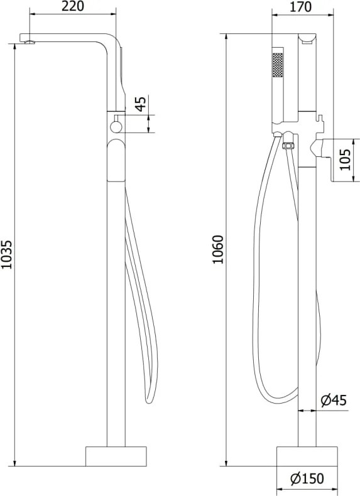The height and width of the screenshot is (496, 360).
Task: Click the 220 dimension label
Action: [x=73, y=6]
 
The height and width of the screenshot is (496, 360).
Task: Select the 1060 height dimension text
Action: [x=218, y=249]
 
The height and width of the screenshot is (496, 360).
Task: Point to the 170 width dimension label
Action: [x=300, y=7]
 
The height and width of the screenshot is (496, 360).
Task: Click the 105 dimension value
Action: [x=346, y=159]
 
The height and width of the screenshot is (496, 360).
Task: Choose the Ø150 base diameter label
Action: [x=307, y=478]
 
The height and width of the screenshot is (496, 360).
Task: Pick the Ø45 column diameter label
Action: [x=334, y=401]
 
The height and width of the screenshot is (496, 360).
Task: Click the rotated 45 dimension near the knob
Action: [x=141, y=104]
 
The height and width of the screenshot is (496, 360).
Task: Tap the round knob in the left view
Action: [x=116, y=127]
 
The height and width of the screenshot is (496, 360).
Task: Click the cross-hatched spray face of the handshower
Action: [x=278, y=65]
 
